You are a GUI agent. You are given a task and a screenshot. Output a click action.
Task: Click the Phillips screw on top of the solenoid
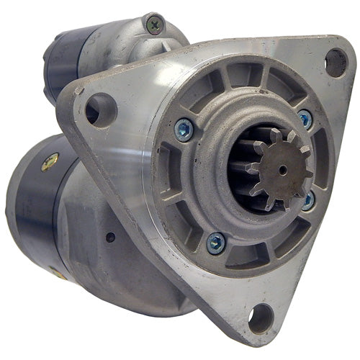pos(153,24)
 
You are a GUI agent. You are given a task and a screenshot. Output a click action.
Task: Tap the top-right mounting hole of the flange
pos(336,63)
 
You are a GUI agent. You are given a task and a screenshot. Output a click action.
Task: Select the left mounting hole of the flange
pos(100,109)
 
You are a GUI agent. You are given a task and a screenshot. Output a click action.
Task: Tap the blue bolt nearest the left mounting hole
pos(185,130)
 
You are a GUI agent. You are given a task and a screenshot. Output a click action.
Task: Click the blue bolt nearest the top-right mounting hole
pos(305,119)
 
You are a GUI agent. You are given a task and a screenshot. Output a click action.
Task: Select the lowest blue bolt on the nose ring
pos(215,243)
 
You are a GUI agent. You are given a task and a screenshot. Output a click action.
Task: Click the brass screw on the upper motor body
pos(50,163)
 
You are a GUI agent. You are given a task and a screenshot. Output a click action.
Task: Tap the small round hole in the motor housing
pos(109,235)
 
